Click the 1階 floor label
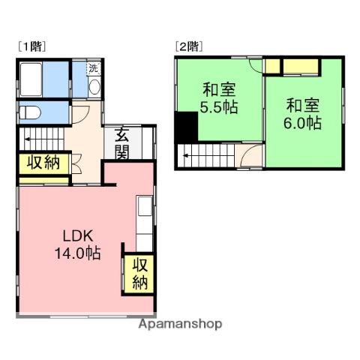[31, 46]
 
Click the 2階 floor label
[187, 46]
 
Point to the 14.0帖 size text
[77, 253]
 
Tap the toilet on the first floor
[30, 112]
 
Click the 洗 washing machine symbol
[93, 69]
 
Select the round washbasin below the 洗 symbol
[93, 86]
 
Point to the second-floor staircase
[206, 157]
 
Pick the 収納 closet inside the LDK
[140, 274]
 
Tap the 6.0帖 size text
[304, 121]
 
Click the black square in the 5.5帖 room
[184, 126]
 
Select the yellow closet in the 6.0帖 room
[300, 68]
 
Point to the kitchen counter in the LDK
[144, 222]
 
